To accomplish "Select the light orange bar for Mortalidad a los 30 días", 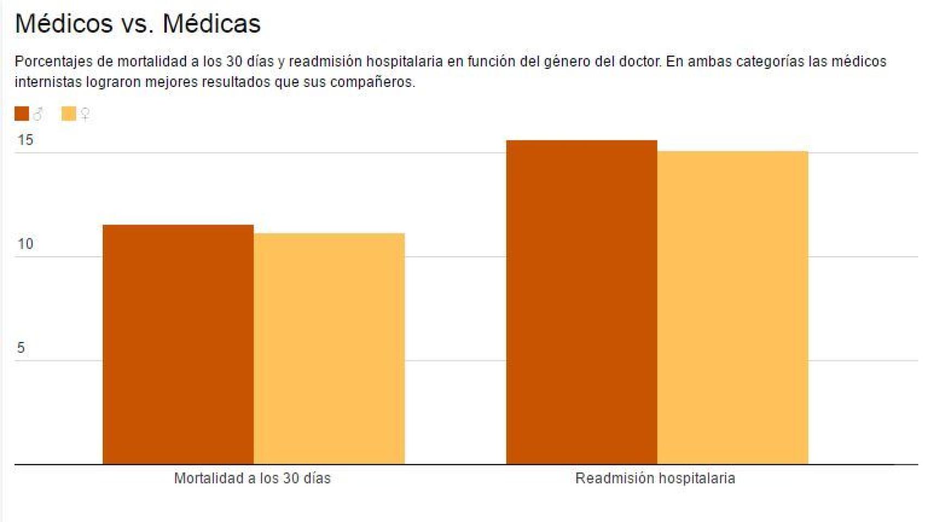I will tap(329, 349).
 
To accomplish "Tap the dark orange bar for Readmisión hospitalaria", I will tap(581, 302).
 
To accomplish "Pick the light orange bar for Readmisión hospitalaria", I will tap(733, 308).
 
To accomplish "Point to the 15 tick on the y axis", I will tap(25, 140).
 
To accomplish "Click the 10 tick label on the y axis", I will tap(25, 244).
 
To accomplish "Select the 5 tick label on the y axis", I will tap(21, 348).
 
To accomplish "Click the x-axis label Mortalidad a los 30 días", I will tap(252, 478).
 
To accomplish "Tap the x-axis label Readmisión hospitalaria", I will tap(655, 478).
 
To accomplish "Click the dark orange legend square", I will tap(22, 114).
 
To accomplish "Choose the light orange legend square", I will tap(69, 114).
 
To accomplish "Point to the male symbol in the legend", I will tap(38, 114).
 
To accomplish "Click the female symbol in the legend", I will tap(85, 114).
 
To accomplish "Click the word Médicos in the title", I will tap(64, 24).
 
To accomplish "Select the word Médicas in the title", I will tap(212, 24).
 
